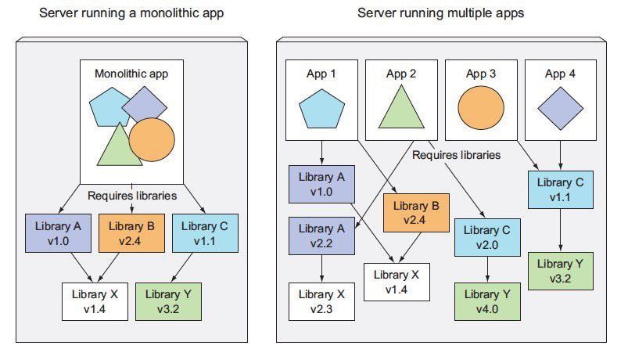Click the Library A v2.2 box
(321, 235)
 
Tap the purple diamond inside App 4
(558, 107)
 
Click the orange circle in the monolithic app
(151, 139)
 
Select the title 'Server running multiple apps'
(440, 13)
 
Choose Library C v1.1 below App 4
(560, 189)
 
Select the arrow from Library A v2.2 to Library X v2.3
(321, 268)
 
